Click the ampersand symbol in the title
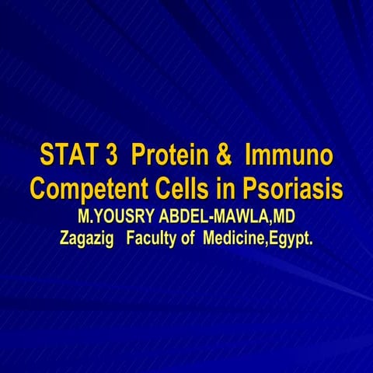click(222, 155)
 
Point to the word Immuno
click(289, 155)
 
